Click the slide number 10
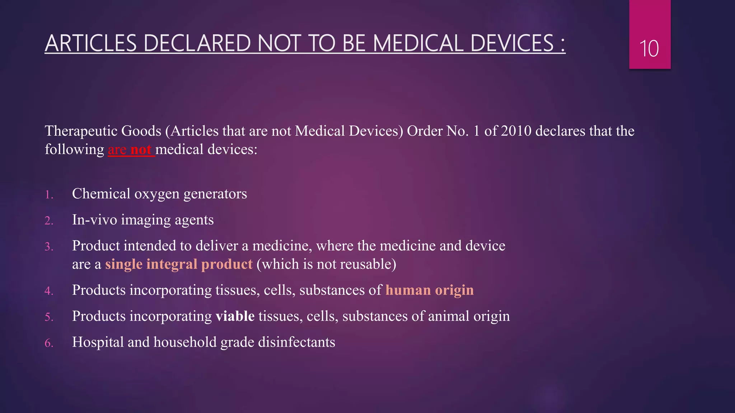click(649, 49)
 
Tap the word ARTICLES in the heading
click(91, 43)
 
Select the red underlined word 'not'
click(141, 149)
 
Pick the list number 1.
click(49, 195)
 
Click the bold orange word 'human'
click(408, 290)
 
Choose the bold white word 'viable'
click(235, 316)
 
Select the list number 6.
click(49, 343)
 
